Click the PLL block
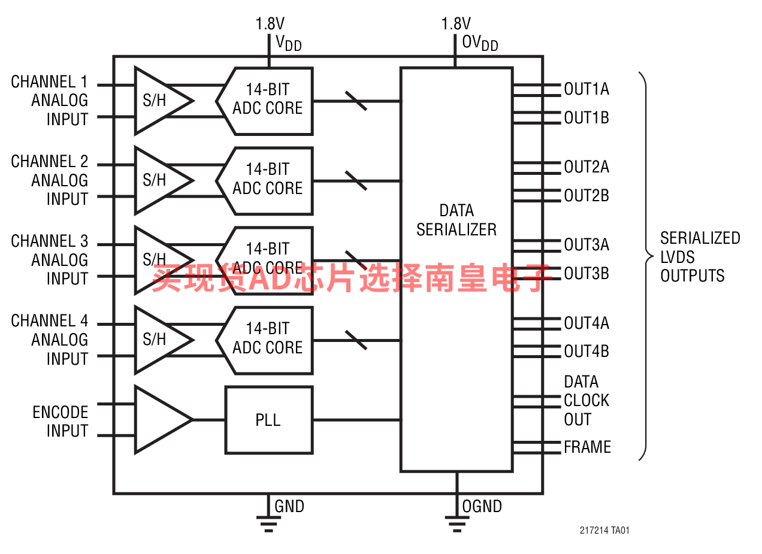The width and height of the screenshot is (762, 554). (x=268, y=420)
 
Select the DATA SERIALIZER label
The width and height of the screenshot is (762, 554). (x=456, y=220)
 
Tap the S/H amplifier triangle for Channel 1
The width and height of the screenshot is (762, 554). (x=157, y=101)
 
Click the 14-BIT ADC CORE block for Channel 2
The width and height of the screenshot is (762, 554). (x=267, y=180)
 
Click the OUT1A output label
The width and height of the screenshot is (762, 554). (x=586, y=89)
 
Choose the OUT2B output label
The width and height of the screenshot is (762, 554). (x=586, y=195)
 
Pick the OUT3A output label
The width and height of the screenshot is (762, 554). (x=586, y=244)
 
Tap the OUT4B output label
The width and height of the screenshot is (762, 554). (x=586, y=351)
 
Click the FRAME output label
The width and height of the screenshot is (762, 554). (x=587, y=447)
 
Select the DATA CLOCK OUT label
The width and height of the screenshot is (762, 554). (x=586, y=401)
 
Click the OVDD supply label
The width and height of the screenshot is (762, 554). (x=479, y=43)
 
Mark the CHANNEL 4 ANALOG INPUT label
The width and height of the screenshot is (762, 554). (x=50, y=340)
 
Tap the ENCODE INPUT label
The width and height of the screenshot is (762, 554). (x=60, y=422)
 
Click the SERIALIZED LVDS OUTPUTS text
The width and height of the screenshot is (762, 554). (x=700, y=257)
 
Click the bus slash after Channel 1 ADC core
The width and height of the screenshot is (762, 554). (x=356, y=101)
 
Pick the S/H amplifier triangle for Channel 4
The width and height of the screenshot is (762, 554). (x=157, y=340)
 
